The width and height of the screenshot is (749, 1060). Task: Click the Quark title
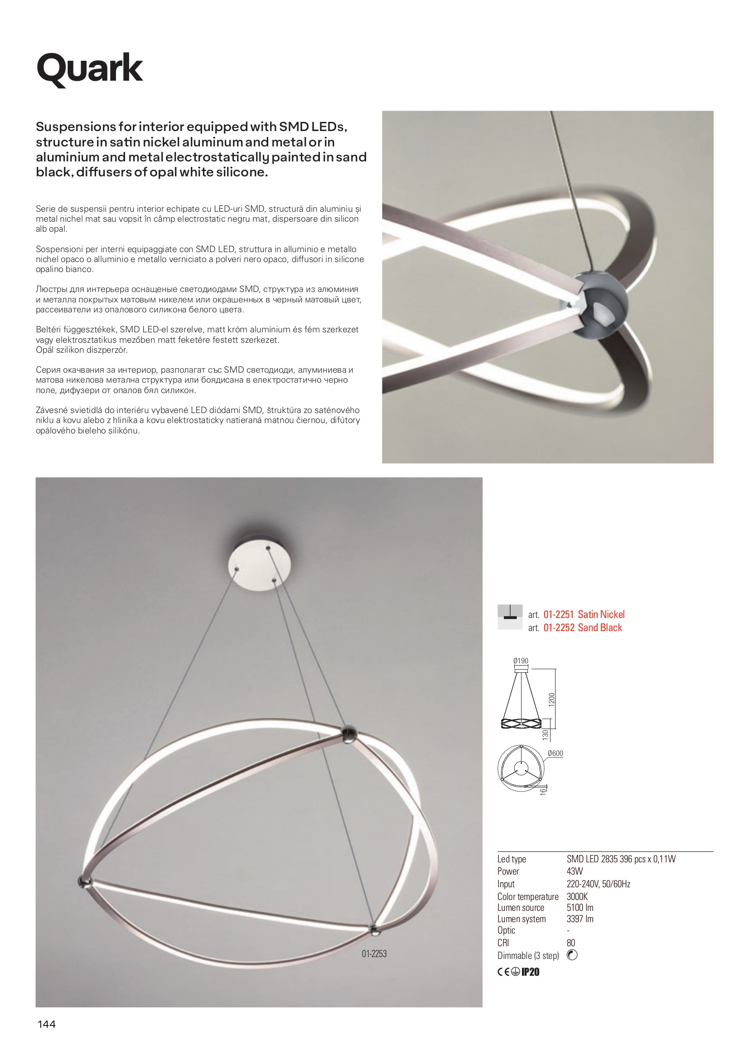coord(90,68)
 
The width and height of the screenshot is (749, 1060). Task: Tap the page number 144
coord(46,1025)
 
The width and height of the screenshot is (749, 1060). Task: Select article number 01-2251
coord(558,614)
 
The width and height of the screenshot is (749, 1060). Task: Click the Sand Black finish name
coord(600,627)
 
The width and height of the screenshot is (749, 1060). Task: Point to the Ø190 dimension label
coord(521,661)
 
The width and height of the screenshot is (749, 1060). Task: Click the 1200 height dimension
coord(551,700)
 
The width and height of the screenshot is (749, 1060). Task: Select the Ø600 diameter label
coord(556,754)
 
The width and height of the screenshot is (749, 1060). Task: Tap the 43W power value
coord(575,871)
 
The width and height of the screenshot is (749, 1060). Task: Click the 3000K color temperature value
coord(577,897)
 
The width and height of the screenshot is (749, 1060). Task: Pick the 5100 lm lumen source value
coord(580,908)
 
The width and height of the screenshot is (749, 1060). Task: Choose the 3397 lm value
coord(580,919)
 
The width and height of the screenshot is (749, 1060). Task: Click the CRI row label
coord(503,943)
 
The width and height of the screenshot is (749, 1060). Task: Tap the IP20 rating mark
coord(530,972)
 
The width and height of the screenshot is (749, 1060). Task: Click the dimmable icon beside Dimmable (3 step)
coord(572,955)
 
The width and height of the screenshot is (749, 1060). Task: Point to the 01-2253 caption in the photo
coord(374,953)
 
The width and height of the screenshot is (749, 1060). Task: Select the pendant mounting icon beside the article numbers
coord(510,617)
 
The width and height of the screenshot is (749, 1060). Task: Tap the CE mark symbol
coord(503,972)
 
